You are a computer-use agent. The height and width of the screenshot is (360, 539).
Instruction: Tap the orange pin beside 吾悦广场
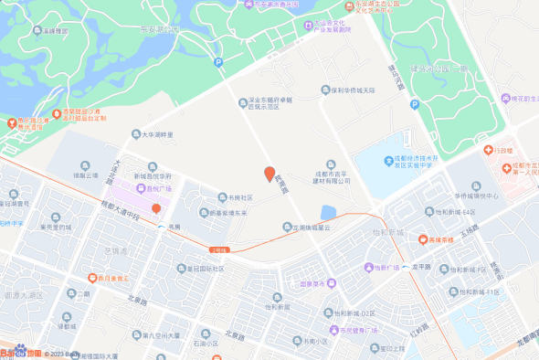(156, 184)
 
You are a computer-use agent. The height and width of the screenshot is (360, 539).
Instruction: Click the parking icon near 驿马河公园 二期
(414, 104)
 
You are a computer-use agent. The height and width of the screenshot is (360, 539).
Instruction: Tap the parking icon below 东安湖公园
(217, 62)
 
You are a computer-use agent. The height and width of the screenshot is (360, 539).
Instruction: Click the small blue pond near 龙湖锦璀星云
(328, 213)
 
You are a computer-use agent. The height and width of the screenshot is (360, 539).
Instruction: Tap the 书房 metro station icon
(161, 228)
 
